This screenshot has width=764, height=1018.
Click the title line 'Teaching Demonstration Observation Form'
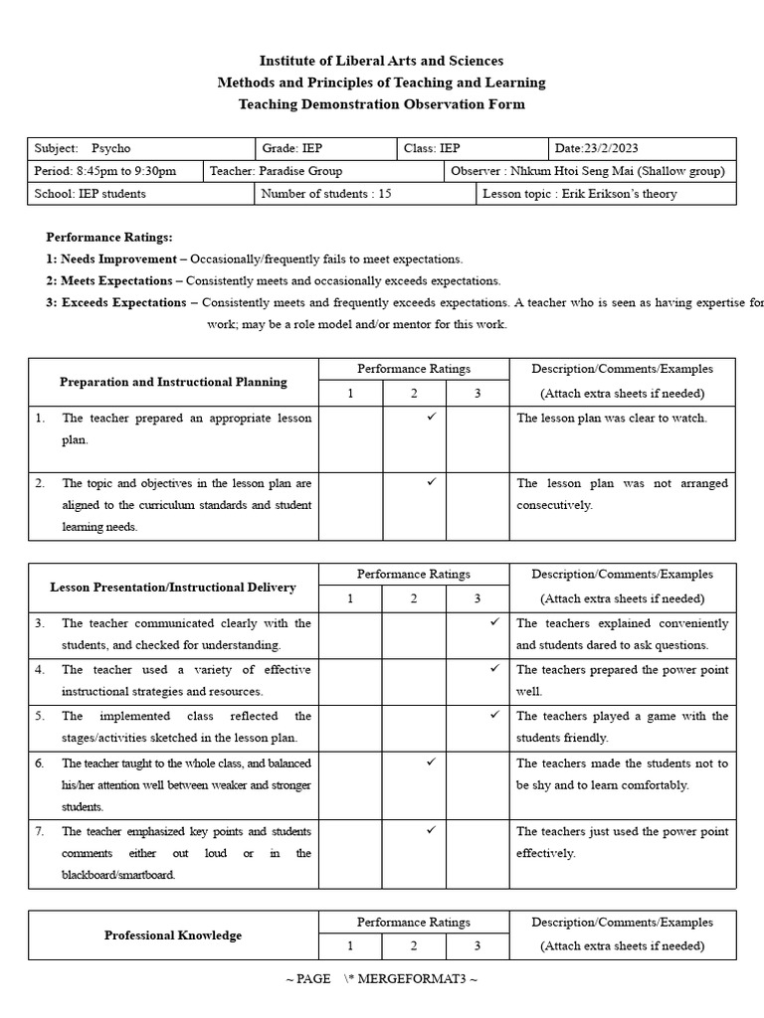[382, 104]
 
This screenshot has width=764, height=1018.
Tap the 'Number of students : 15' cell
[326, 194]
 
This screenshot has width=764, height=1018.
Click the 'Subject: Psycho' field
[84, 148]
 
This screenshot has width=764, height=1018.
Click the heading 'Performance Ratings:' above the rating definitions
[109, 238]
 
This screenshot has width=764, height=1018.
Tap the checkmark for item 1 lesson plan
[431, 418]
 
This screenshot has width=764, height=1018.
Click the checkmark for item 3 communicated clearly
[494, 622]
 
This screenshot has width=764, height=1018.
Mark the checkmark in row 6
[431, 762]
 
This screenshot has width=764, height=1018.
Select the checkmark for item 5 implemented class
[494, 715]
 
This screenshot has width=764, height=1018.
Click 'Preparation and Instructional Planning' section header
[173, 382]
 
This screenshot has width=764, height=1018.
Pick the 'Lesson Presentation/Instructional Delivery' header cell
[173, 588]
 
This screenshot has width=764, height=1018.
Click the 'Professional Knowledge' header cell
[173, 935]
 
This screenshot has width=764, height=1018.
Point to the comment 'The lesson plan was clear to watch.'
[612, 419]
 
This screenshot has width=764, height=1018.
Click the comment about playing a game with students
[622, 727]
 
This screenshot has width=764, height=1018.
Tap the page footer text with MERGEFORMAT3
[382, 979]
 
